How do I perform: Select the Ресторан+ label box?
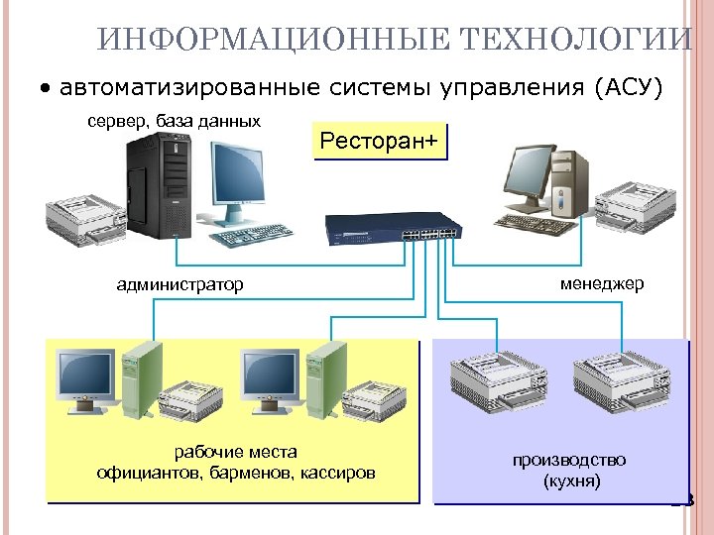point(378,142)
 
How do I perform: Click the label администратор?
point(179,285)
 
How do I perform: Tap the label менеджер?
point(601,283)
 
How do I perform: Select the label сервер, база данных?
point(175,121)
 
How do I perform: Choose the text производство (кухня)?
point(569,471)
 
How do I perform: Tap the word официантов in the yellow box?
point(149,473)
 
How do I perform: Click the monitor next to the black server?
point(237,175)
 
